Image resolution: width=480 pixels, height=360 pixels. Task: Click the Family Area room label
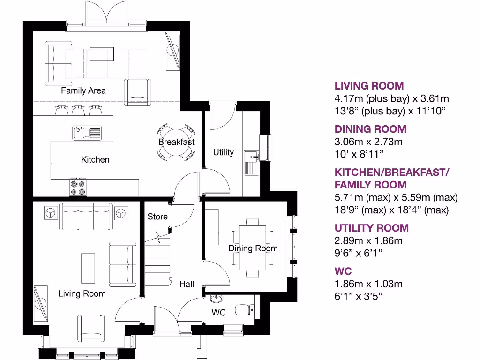[83, 90]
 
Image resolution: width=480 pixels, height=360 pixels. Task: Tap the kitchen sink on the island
[87, 133]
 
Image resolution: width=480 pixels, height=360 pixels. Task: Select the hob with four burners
[78, 187]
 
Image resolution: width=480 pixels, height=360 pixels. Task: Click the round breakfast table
[176, 142]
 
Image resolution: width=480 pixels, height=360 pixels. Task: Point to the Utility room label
[224, 152]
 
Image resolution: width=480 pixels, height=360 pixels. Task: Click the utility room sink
[251, 163]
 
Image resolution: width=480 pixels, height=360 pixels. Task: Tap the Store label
[157, 217]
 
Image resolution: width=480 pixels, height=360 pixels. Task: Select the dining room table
[253, 248]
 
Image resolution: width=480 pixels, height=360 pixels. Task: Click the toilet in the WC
[245, 310]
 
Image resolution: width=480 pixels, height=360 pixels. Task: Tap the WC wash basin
[217, 298]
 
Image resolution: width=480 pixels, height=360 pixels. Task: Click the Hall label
[187, 284]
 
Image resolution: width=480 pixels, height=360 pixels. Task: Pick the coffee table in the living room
[88, 268]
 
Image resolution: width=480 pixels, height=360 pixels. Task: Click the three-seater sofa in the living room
[86, 217]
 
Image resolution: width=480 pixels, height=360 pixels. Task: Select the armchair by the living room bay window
[91, 329]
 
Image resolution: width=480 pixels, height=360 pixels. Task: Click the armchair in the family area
[138, 92]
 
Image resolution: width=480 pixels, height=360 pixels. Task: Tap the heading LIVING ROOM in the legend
[369, 86]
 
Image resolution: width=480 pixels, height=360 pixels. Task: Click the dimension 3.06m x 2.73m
[368, 142]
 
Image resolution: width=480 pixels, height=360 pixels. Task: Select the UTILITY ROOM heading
[372, 228]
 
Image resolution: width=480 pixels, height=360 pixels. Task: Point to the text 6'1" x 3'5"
[359, 296]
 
